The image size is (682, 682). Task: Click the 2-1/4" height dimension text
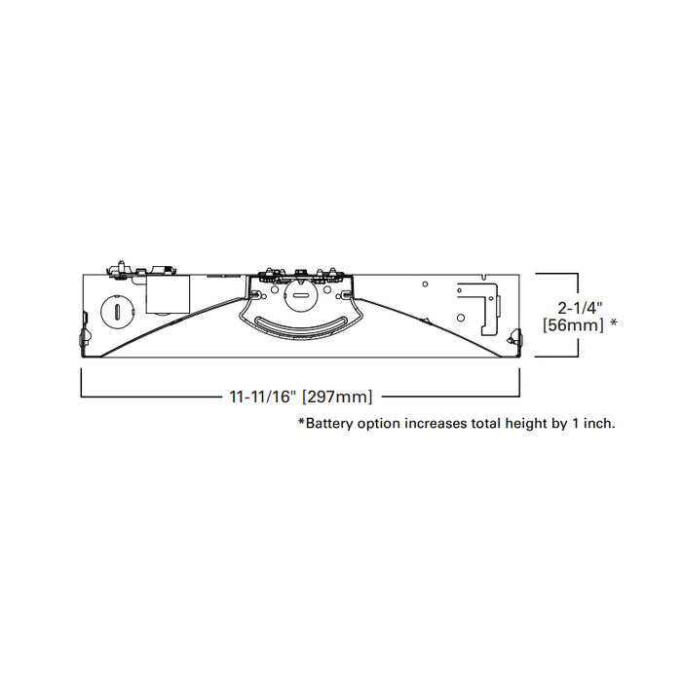point(576,305)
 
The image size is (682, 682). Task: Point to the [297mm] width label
point(337,397)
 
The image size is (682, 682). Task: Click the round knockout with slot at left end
point(116,311)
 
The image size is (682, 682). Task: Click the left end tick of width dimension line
point(81,385)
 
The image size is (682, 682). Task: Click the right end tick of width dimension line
point(520,385)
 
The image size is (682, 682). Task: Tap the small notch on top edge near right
point(425,284)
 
